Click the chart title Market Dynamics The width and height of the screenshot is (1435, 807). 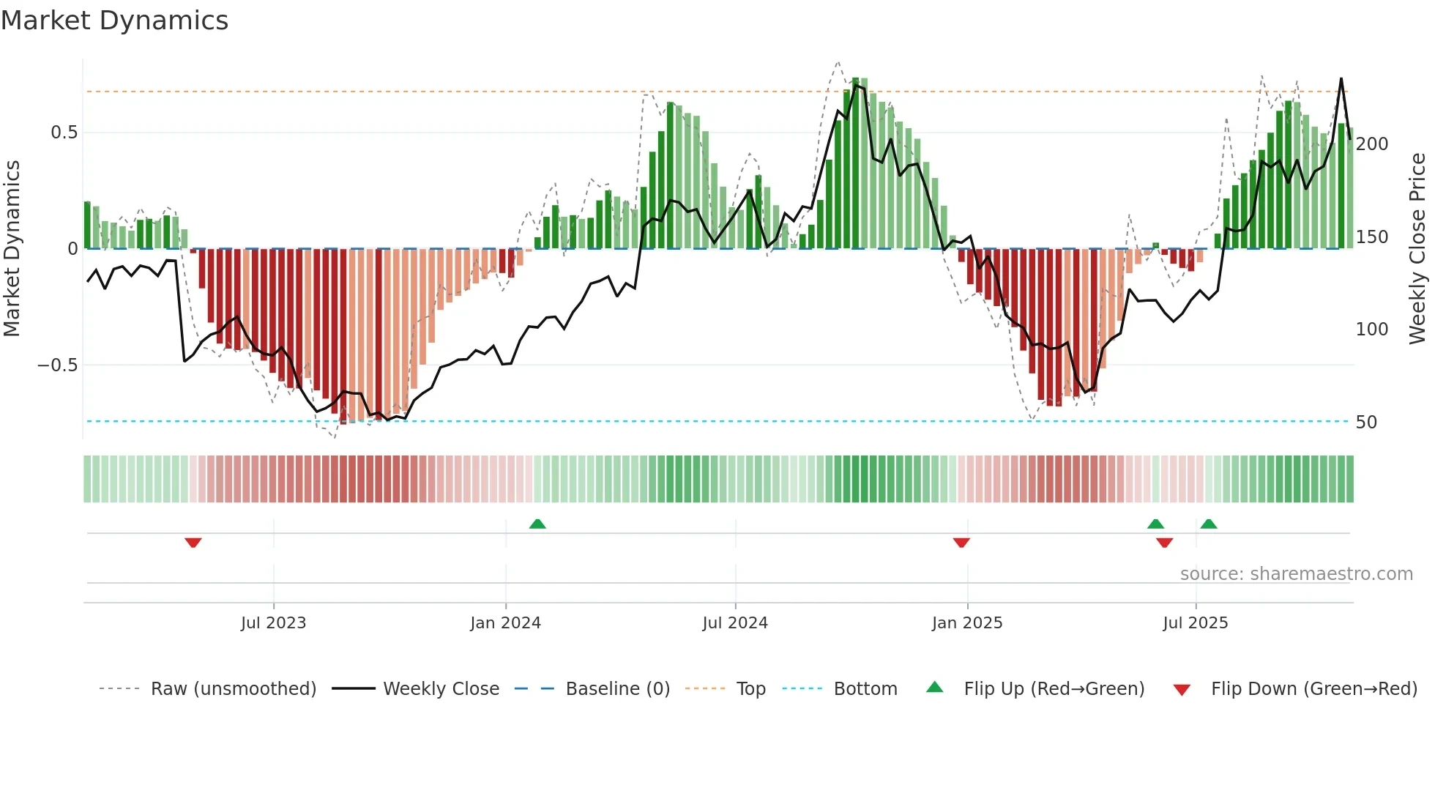click(114, 21)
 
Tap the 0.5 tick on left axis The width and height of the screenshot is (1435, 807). click(64, 133)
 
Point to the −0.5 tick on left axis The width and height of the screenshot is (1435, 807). click(58, 365)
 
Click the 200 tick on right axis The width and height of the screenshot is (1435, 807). click(1371, 144)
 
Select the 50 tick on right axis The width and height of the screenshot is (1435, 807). click(1366, 423)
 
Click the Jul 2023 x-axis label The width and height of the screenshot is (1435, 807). click(273, 623)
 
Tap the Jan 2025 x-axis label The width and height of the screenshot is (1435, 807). click(966, 623)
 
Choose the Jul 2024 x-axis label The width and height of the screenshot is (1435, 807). click(734, 623)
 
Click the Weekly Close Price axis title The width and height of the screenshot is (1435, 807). click(1417, 249)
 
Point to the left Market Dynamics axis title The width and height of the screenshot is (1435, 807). click(12, 249)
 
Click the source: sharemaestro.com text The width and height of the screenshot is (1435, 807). click(1296, 574)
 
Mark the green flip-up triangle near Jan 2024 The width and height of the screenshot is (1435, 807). click(537, 524)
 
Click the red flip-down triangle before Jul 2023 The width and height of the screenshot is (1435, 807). click(193, 543)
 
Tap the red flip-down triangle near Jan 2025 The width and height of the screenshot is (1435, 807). click(961, 543)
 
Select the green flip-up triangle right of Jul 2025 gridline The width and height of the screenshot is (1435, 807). click(1209, 524)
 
